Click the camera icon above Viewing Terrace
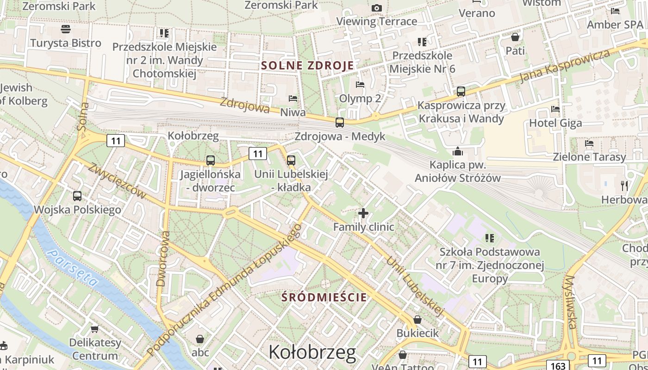(x=377, y=8)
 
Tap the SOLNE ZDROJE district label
(x=307, y=65)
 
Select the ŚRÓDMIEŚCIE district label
(x=324, y=297)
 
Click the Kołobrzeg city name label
(x=312, y=352)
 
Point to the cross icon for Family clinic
(x=363, y=213)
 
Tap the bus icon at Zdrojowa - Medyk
(x=340, y=123)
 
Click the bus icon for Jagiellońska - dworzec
(x=211, y=160)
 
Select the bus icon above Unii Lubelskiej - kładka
(x=291, y=160)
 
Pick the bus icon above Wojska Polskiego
(x=77, y=196)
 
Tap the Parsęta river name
(x=74, y=268)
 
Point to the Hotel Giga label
(x=555, y=123)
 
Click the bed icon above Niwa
(x=293, y=99)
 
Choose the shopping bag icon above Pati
(x=515, y=37)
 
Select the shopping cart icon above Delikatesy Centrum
(x=95, y=329)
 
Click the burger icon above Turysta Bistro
(x=65, y=29)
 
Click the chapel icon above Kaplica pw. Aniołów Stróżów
(x=458, y=151)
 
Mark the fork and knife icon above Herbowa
(x=624, y=186)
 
